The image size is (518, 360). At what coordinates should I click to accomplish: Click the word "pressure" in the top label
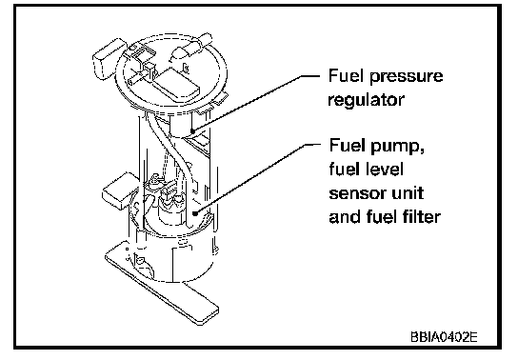[x=406, y=76]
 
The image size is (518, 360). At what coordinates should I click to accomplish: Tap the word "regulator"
[x=366, y=100]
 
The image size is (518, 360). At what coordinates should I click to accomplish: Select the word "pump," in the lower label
[x=398, y=147]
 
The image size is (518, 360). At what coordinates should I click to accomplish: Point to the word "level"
[x=386, y=170]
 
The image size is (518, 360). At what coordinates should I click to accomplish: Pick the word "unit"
[x=407, y=192]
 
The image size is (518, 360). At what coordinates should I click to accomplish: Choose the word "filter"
[x=422, y=216]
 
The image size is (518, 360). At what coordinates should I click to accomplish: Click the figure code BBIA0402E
[x=444, y=337]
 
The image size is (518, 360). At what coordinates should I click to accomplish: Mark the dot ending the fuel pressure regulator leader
[x=192, y=131]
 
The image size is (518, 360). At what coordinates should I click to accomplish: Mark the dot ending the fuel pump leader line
[x=195, y=213]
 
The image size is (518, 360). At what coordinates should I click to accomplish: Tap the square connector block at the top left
[x=108, y=60]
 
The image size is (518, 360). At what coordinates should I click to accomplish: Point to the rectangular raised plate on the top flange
[x=177, y=85]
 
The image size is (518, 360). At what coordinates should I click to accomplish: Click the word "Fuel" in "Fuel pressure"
[x=346, y=76]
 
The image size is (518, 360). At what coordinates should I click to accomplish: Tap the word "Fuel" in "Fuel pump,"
[x=348, y=146]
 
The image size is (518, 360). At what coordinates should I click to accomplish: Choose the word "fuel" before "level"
[x=346, y=170]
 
